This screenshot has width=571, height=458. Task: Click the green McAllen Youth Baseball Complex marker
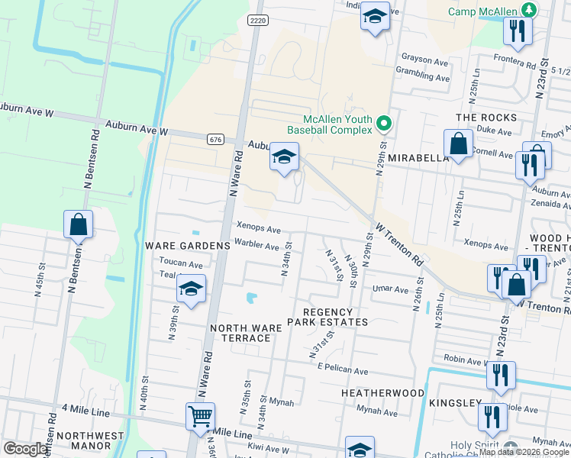[x=384, y=123]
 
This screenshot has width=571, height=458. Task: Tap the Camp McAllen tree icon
[x=527, y=10]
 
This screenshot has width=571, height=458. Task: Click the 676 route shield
[x=215, y=139]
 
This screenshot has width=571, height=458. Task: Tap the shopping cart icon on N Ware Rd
[x=200, y=417]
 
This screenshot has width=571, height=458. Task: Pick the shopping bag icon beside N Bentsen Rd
[x=78, y=224]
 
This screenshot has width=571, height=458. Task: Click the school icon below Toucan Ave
[x=190, y=289]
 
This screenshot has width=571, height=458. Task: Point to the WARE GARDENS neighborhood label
[x=187, y=246]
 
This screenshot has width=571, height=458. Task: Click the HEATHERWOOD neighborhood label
[x=382, y=392]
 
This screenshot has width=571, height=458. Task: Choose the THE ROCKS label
[x=486, y=118]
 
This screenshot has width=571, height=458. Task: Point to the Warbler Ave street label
[x=256, y=246]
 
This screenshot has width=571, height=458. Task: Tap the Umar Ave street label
[x=391, y=289]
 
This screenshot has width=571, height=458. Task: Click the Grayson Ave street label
[x=424, y=60]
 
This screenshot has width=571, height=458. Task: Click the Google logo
[x=25, y=449]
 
